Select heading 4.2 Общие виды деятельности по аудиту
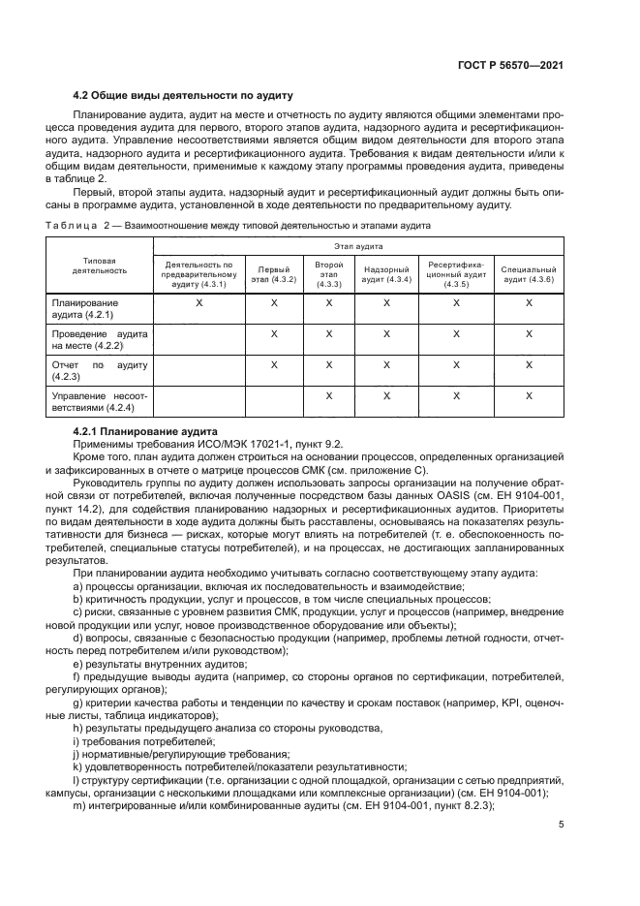(x=183, y=95)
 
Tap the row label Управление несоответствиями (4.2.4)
(x=99, y=401)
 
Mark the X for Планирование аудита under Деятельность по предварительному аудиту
(x=199, y=303)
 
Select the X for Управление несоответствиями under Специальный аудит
(x=529, y=395)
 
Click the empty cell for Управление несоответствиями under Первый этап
(x=273, y=401)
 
